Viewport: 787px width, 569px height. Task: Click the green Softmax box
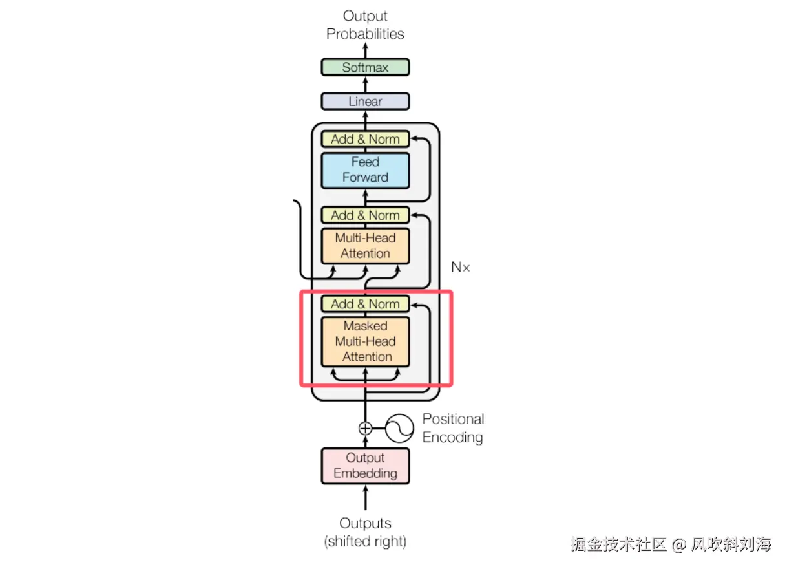click(x=366, y=67)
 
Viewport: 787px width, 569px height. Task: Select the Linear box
click(x=366, y=102)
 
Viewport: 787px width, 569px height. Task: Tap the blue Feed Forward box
click(x=366, y=170)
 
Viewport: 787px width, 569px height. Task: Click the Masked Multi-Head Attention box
click(x=366, y=341)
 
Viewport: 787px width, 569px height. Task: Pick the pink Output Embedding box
click(x=366, y=466)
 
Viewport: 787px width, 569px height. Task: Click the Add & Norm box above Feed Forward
click(x=366, y=139)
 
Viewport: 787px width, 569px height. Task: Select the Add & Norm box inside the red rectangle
click(x=366, y=303)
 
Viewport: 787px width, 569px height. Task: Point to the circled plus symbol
click(x=366, y=428)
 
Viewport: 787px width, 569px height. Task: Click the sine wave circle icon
click(x=399, y=428)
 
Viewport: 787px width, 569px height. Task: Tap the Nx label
click(x=460, y=267)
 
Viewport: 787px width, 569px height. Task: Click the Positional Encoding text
click(x=453, y=428)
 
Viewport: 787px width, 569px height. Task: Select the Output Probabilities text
click(x=366, y=25)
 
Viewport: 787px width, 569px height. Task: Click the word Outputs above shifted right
click(x=366, y=523)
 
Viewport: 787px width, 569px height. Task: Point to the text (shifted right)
click(x=366, y=541)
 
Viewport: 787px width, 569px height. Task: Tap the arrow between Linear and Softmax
click(x=366, y=85)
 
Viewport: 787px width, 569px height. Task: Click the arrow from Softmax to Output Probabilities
click(x=366, y=50)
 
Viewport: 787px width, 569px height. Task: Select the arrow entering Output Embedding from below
click(x=366, y=497)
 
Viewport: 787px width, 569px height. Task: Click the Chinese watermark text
click(x=671, y=544)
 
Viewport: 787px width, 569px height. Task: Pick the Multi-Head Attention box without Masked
click(x=366, y=246)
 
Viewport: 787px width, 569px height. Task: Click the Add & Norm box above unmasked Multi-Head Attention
click(x=366, y=215)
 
